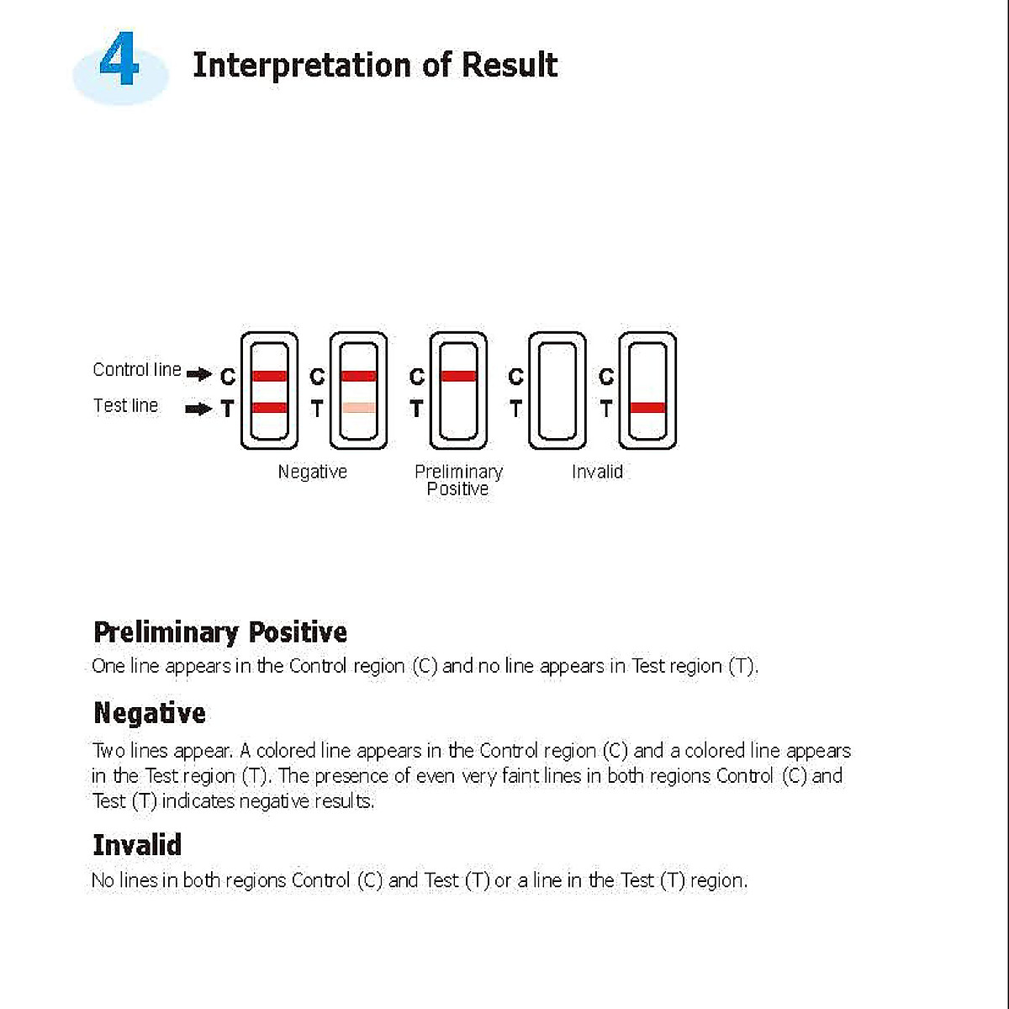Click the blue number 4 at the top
pyautogui.click(x=119, y=61)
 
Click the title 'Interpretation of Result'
pyautogui.click(x=375, y=65)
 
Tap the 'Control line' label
pyautogui.click(x=136, y=370)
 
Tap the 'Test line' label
pyautogui.click(x=125, y=406)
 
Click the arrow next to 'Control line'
pyautogui.click(x=198, y=374)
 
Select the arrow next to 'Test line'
pyautogui.click(x=198, y=409)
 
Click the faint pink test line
pyautogui.click(x=359, y=408)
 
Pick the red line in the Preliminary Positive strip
pyautogui.click(x=458, y=376)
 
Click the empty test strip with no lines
pyautogui.click(x=557, y=391)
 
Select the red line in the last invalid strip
pyautogui.click(x=647, y=408)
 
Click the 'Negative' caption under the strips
pyautogui.click(x=312, y=473)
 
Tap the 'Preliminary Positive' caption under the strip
pyautogui.click(x=458, y=480)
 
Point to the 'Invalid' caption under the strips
pyautogui.click(x=597, y=473)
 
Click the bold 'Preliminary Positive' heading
pyautogui.click(x=220, y=632)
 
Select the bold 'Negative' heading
pyautogui.click(x=150, y=713)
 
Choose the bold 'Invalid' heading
pyautogui.click(x=137, y=845)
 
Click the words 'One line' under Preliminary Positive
pyautogui.click(x=124, y=667)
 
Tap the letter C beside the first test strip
pyautogui.click(x=227, y=377)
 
